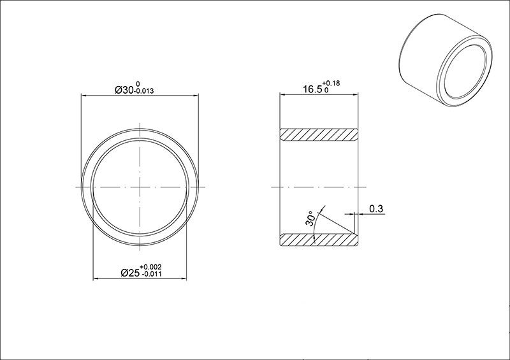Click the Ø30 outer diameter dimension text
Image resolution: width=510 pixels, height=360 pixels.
(x=124, y=90)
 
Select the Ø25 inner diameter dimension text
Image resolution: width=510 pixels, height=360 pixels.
(x=130, y=273)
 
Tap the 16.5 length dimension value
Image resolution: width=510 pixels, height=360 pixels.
(x=312, y=89)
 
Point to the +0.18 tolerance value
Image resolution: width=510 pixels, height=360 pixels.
(x=331, y=83)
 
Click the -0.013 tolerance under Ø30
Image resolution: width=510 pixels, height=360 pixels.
(x=144, y=91)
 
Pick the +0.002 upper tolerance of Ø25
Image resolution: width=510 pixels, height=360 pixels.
(x=150, y=268)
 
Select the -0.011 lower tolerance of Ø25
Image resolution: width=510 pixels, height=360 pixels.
(x=150, y=274)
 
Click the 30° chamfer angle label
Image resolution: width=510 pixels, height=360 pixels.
(x=310, y=219)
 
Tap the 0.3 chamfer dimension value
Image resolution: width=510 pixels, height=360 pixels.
(x=376, y=209)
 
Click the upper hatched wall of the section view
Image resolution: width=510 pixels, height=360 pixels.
(x=319, y=134)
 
